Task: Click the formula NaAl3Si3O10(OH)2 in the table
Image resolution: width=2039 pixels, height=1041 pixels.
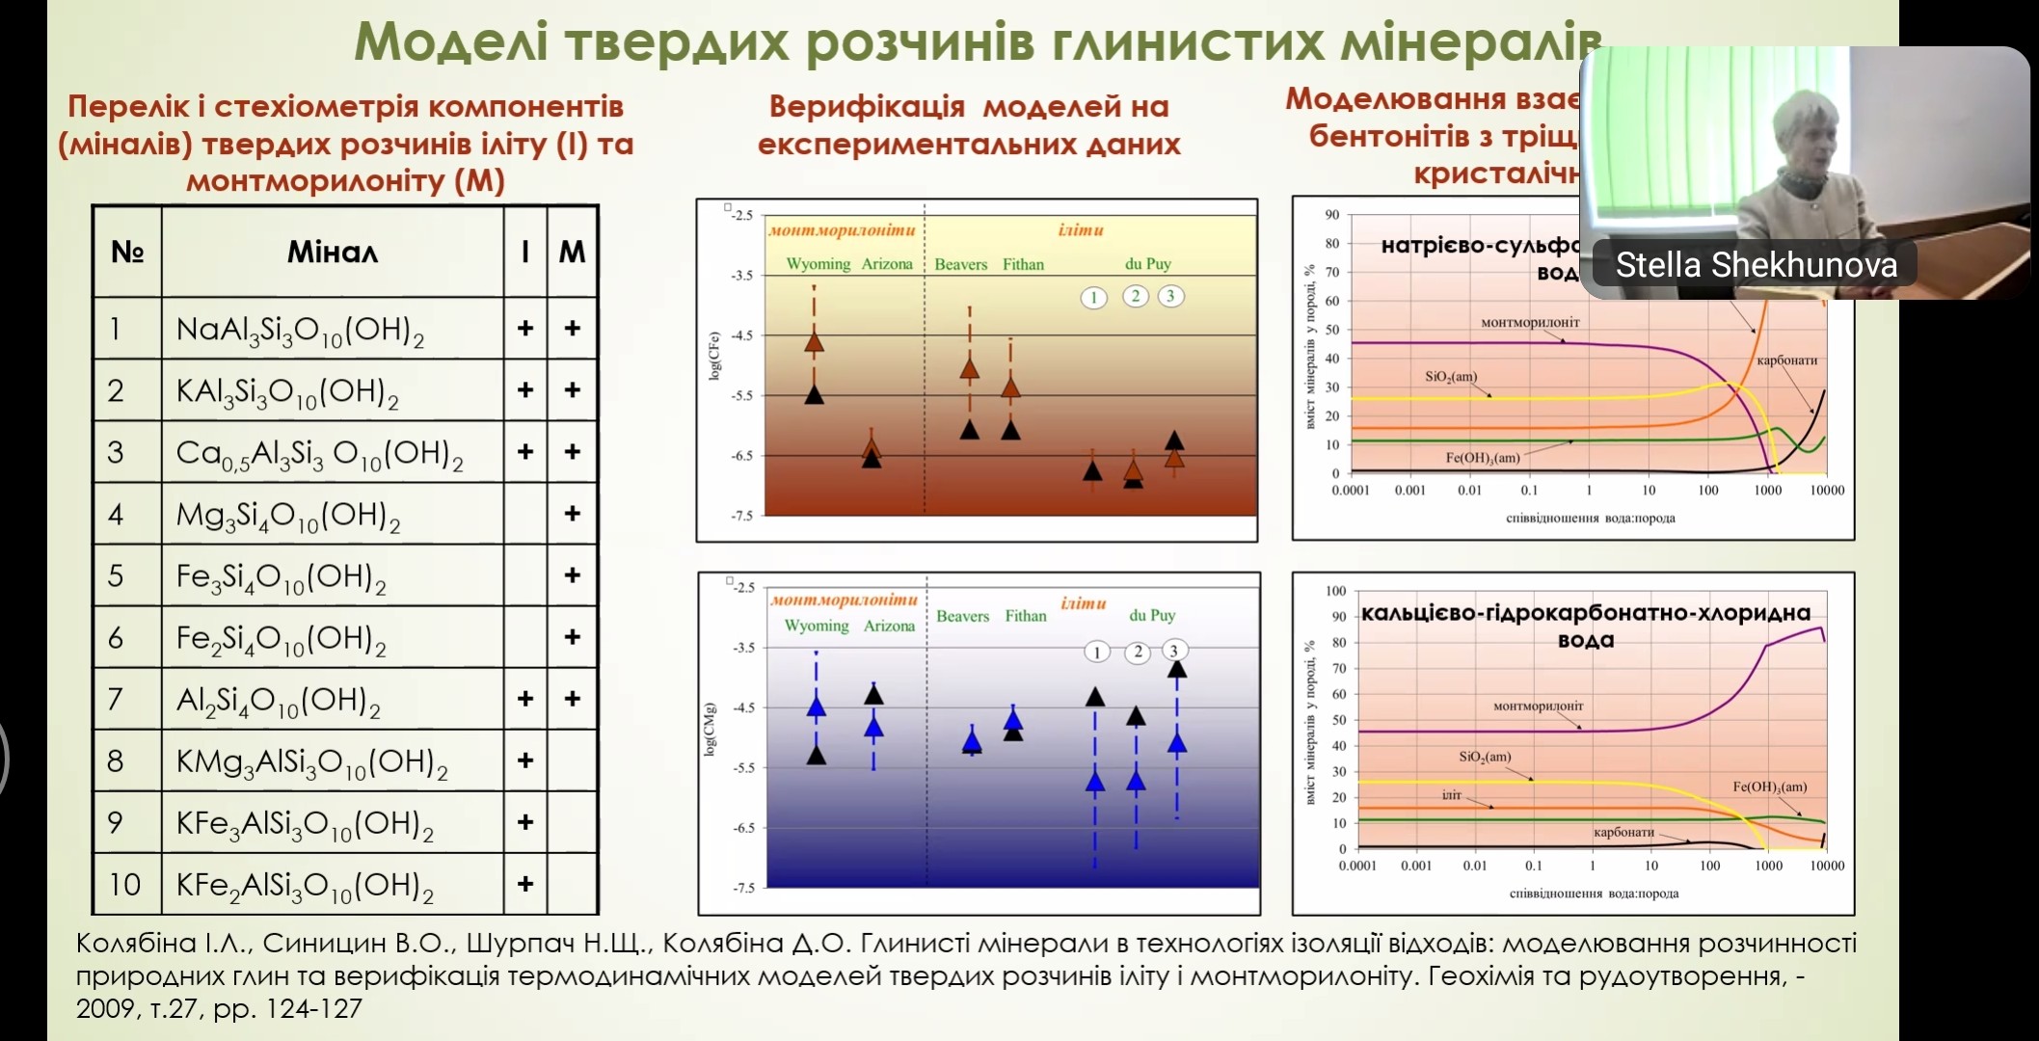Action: click(x=300, y=330)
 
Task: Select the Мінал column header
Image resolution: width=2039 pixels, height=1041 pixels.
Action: click(x=333, y=253)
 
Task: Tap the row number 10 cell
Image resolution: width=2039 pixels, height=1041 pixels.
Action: click(x=125, y=884)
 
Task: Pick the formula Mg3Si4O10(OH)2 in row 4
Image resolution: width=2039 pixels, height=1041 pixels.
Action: click(x=287, y=516)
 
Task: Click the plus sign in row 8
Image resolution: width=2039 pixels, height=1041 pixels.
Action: click(x=525, y=761)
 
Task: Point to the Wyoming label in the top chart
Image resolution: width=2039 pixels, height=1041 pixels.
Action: click(x=818, y=264)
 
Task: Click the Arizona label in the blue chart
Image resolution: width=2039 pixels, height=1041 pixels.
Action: click(x=889, y=626)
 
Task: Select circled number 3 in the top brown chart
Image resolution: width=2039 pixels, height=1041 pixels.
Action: click(x=1170, y=296)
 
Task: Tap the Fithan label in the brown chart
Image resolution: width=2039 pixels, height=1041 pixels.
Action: click(x=1023, y=264)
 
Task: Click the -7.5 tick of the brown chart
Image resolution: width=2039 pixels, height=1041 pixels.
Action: click(x=741, y=516)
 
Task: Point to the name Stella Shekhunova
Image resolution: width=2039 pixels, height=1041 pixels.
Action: click(x=1756, y=265)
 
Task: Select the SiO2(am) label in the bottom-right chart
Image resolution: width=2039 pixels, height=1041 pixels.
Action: click(x=1485, y=757)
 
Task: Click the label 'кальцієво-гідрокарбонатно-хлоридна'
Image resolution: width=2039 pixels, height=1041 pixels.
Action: click(x=1585, y=613)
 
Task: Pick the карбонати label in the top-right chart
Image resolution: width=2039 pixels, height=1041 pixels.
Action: click(x=1786, y=360)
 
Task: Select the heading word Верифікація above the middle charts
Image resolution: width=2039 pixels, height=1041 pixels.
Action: click(x=867, y=106)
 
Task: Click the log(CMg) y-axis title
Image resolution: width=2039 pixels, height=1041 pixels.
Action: click(x=712, y=730)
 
